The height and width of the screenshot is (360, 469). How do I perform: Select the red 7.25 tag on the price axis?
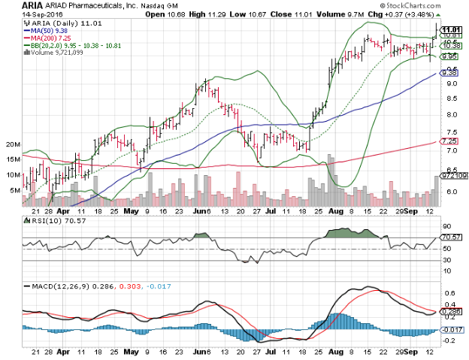[449, 141]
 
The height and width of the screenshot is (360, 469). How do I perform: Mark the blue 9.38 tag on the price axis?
[449, 73]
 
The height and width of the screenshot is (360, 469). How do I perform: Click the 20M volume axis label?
[12, 144]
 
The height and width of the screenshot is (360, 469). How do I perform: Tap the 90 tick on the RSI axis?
[446, 226]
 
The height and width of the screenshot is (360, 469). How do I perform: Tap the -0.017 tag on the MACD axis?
[450, 328]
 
